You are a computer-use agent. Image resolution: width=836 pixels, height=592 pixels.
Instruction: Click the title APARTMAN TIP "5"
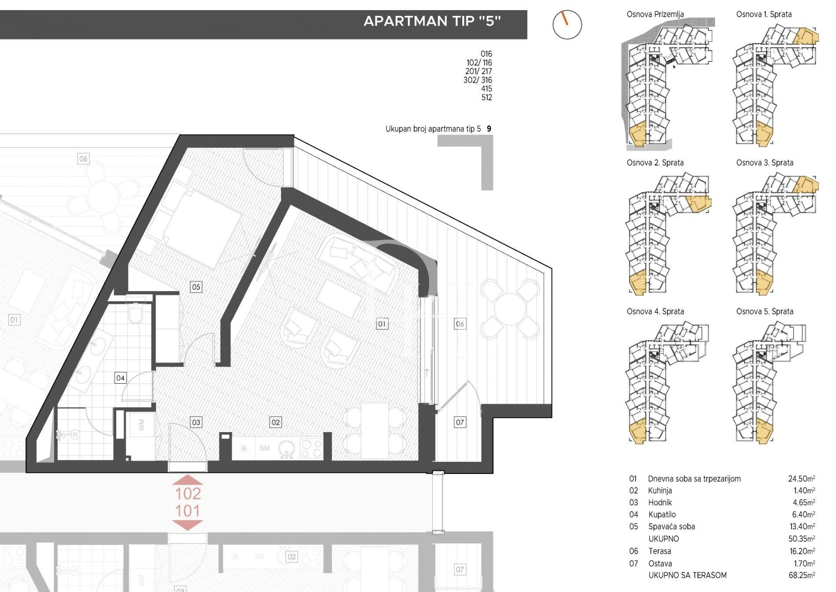tap(432, 21)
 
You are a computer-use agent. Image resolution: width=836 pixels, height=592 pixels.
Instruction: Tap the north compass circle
tap(567, 25)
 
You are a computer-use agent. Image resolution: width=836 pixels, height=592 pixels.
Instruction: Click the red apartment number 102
tap(188, 493)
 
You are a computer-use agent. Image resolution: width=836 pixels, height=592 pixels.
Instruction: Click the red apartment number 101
tap(188, 511)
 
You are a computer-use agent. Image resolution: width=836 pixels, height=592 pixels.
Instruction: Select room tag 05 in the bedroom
tap(196, 287)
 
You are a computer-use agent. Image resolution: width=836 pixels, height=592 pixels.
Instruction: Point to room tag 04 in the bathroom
tap(120, 377)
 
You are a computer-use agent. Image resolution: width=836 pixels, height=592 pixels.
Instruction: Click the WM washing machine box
tap(141, 425)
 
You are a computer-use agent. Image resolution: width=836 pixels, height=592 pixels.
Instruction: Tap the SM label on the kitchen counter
tap(264, 448)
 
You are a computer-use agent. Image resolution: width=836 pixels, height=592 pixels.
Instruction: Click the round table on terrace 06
tap(510, 309)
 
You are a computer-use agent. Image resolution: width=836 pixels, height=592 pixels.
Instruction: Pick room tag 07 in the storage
tap(460, 422)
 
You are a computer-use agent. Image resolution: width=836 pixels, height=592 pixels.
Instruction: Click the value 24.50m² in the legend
tap(801, 479)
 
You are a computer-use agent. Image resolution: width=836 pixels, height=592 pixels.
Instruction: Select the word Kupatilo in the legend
tap(662, 514)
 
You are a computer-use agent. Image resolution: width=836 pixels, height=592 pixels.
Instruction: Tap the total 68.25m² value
tap(801, 575)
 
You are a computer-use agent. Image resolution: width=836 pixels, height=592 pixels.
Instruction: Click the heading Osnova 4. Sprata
tap(655, 311)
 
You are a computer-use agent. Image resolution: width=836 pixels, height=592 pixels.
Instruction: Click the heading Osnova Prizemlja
tap(655, 14)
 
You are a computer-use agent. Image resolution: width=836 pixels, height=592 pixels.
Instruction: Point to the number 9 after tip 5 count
tap(489, 129)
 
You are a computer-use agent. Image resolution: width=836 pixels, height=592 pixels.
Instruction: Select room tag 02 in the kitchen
tap(276, 422)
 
